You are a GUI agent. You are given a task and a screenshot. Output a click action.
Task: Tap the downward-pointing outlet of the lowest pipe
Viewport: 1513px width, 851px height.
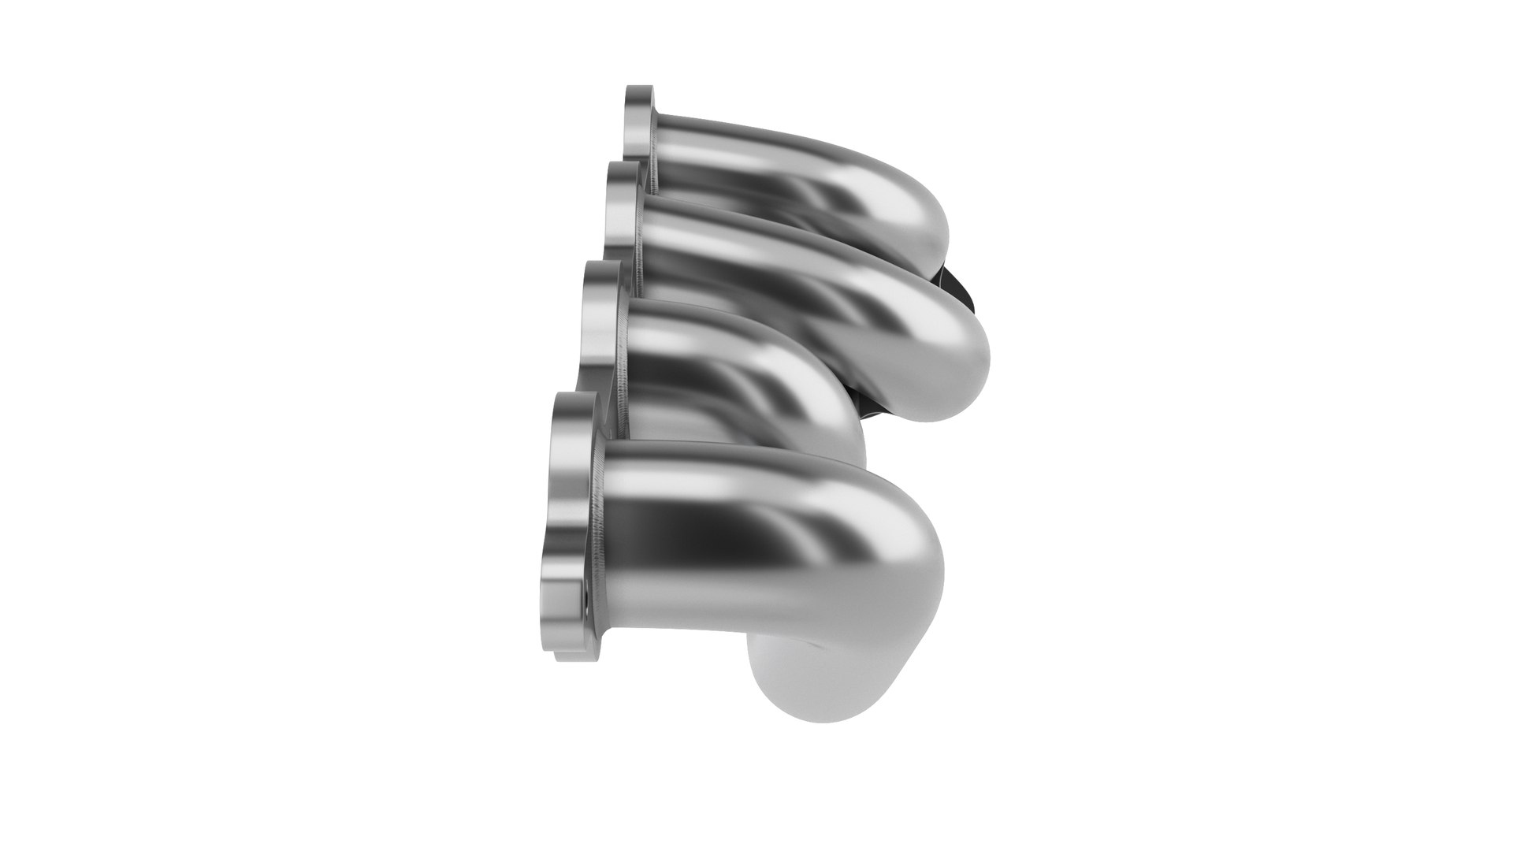(x=796, y=670)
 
